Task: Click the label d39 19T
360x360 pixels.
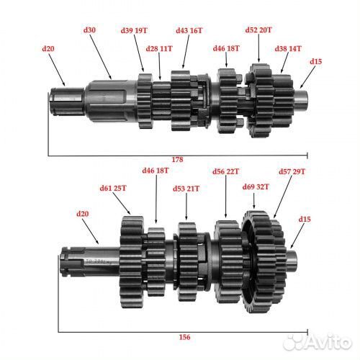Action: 134,30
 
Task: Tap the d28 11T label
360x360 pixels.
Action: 159,49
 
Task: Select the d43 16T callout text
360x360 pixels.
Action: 189,30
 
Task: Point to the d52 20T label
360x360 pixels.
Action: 258,30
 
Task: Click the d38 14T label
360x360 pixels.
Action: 288,49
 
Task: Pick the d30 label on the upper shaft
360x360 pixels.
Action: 89,30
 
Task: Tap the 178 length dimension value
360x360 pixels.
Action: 177,160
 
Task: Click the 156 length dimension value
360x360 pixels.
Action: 184,337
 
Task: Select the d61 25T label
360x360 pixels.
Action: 113,188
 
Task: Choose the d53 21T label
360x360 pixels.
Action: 186,189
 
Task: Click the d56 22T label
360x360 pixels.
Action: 225,171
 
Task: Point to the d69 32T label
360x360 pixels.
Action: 256,186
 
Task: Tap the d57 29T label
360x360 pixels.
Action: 292,171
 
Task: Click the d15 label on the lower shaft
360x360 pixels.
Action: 305,219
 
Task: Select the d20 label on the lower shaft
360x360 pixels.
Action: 82,214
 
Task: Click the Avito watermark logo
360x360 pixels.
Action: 317,342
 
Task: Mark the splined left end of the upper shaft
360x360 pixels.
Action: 68,102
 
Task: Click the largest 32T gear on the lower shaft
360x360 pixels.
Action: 255,261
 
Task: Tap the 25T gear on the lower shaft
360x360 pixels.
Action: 132,262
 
